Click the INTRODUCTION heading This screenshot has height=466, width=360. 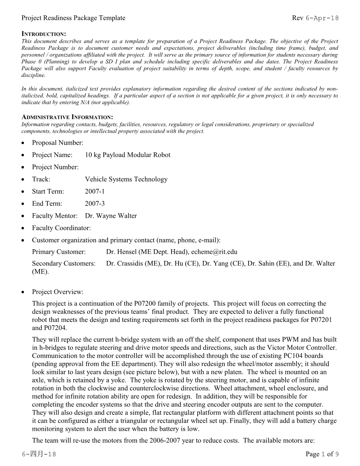point(44,34)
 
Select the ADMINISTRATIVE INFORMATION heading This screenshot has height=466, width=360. point(67,117)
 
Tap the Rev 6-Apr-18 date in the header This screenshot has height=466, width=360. point(315,18)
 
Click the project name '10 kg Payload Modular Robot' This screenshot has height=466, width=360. point(127,155)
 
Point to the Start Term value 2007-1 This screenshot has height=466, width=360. point(95,191)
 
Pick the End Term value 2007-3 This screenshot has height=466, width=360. point(95,204)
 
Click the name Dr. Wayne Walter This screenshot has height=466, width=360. point(111,216)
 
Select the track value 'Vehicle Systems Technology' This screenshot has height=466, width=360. point(126,179)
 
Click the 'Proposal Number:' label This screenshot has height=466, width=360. point(58,143)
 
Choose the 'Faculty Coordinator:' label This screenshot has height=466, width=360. point(61,228)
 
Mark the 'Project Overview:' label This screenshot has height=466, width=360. point(58,292)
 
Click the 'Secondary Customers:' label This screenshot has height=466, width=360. point(64,263)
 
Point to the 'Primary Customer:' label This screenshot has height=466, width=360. point(59,252)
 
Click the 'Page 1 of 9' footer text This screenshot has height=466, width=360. point(322,454)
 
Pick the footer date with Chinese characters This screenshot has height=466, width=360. point(39,454)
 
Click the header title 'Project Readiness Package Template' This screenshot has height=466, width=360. point(73,18)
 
